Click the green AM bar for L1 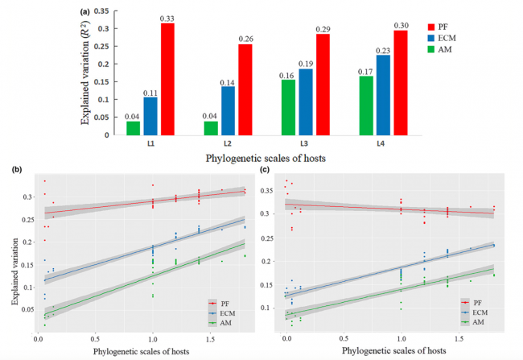(133, 127)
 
